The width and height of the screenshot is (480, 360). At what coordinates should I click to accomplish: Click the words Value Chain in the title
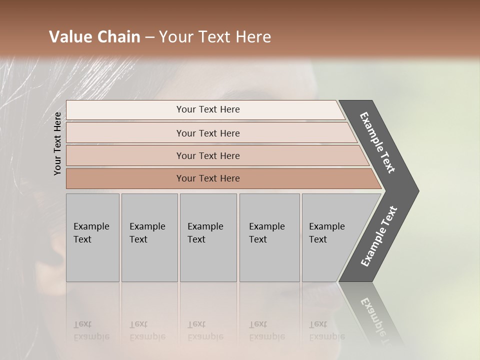click(x=94, y=37)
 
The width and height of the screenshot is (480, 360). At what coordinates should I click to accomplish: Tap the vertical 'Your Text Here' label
click(x=57, y=143)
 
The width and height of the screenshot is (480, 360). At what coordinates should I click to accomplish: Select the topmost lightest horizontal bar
click(x=207, y=109)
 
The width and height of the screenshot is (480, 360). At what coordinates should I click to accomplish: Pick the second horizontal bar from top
click(x=207, y=133)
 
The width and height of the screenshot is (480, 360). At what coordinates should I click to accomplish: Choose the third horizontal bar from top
click(x=207, y=155)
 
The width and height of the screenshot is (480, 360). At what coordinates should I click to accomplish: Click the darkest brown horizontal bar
click(x=207, y=178)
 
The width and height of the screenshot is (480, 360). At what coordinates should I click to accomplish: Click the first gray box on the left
click(x=92, y=237)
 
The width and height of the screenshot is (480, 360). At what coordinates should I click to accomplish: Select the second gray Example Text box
click(x=149, y=237)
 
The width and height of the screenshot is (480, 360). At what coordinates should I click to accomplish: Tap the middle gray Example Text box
click(x=207, y=237)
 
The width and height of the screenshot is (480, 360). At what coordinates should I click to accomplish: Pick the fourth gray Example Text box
click(x=269, y=237)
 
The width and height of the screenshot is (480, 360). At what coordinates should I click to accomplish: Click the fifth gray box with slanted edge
click(x=332, y=237)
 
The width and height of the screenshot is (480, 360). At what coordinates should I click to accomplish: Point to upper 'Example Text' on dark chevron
click(x=377, y=142)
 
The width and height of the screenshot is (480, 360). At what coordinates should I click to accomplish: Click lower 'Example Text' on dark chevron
click(x=379, y=236)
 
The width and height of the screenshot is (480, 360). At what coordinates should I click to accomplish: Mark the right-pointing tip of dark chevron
click(x=416, y=191)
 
